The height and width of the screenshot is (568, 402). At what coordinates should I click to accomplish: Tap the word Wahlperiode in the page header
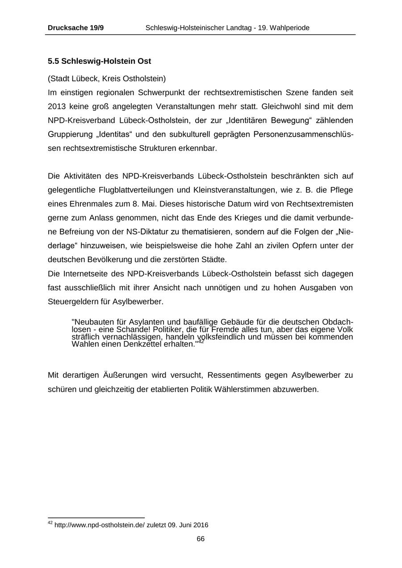coord(289,28)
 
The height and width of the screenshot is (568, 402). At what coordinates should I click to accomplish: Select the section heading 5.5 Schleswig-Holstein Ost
coord(99,61)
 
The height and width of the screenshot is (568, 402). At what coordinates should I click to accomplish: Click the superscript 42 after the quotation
coord(201,342)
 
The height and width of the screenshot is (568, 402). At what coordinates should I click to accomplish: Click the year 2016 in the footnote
coord(201,525)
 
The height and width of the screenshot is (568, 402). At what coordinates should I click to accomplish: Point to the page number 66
coord(201,539)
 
